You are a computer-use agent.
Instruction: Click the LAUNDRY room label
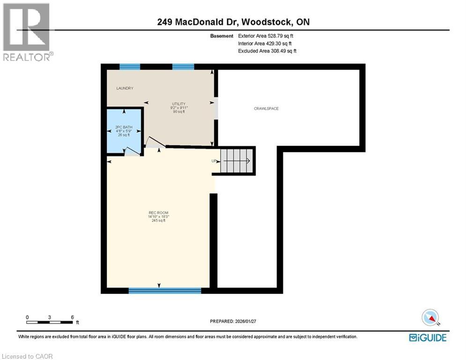pyautogui.click(x=125, y=88)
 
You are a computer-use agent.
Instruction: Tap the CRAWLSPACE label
pyautogui.click(x=266, y=108)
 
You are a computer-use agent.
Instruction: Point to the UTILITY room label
pyautogui.click(x=178, y=104)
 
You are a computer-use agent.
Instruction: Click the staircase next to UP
pyautogui.click(x=237, y=161)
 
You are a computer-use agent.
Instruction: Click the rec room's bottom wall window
pyautogui.click(x=165, y=291)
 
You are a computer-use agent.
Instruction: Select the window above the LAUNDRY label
pyautogui.click(x=130, y=67)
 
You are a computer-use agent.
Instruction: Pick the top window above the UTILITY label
pyautogui.click(x=183, y=67)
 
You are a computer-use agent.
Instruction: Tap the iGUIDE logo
pyautogui.click(x=428, y=337)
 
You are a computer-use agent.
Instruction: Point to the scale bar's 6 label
pyautogui.click(x=72, y=317)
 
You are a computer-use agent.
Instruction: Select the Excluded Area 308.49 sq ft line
pyautogui.click(x=267, y=51)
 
